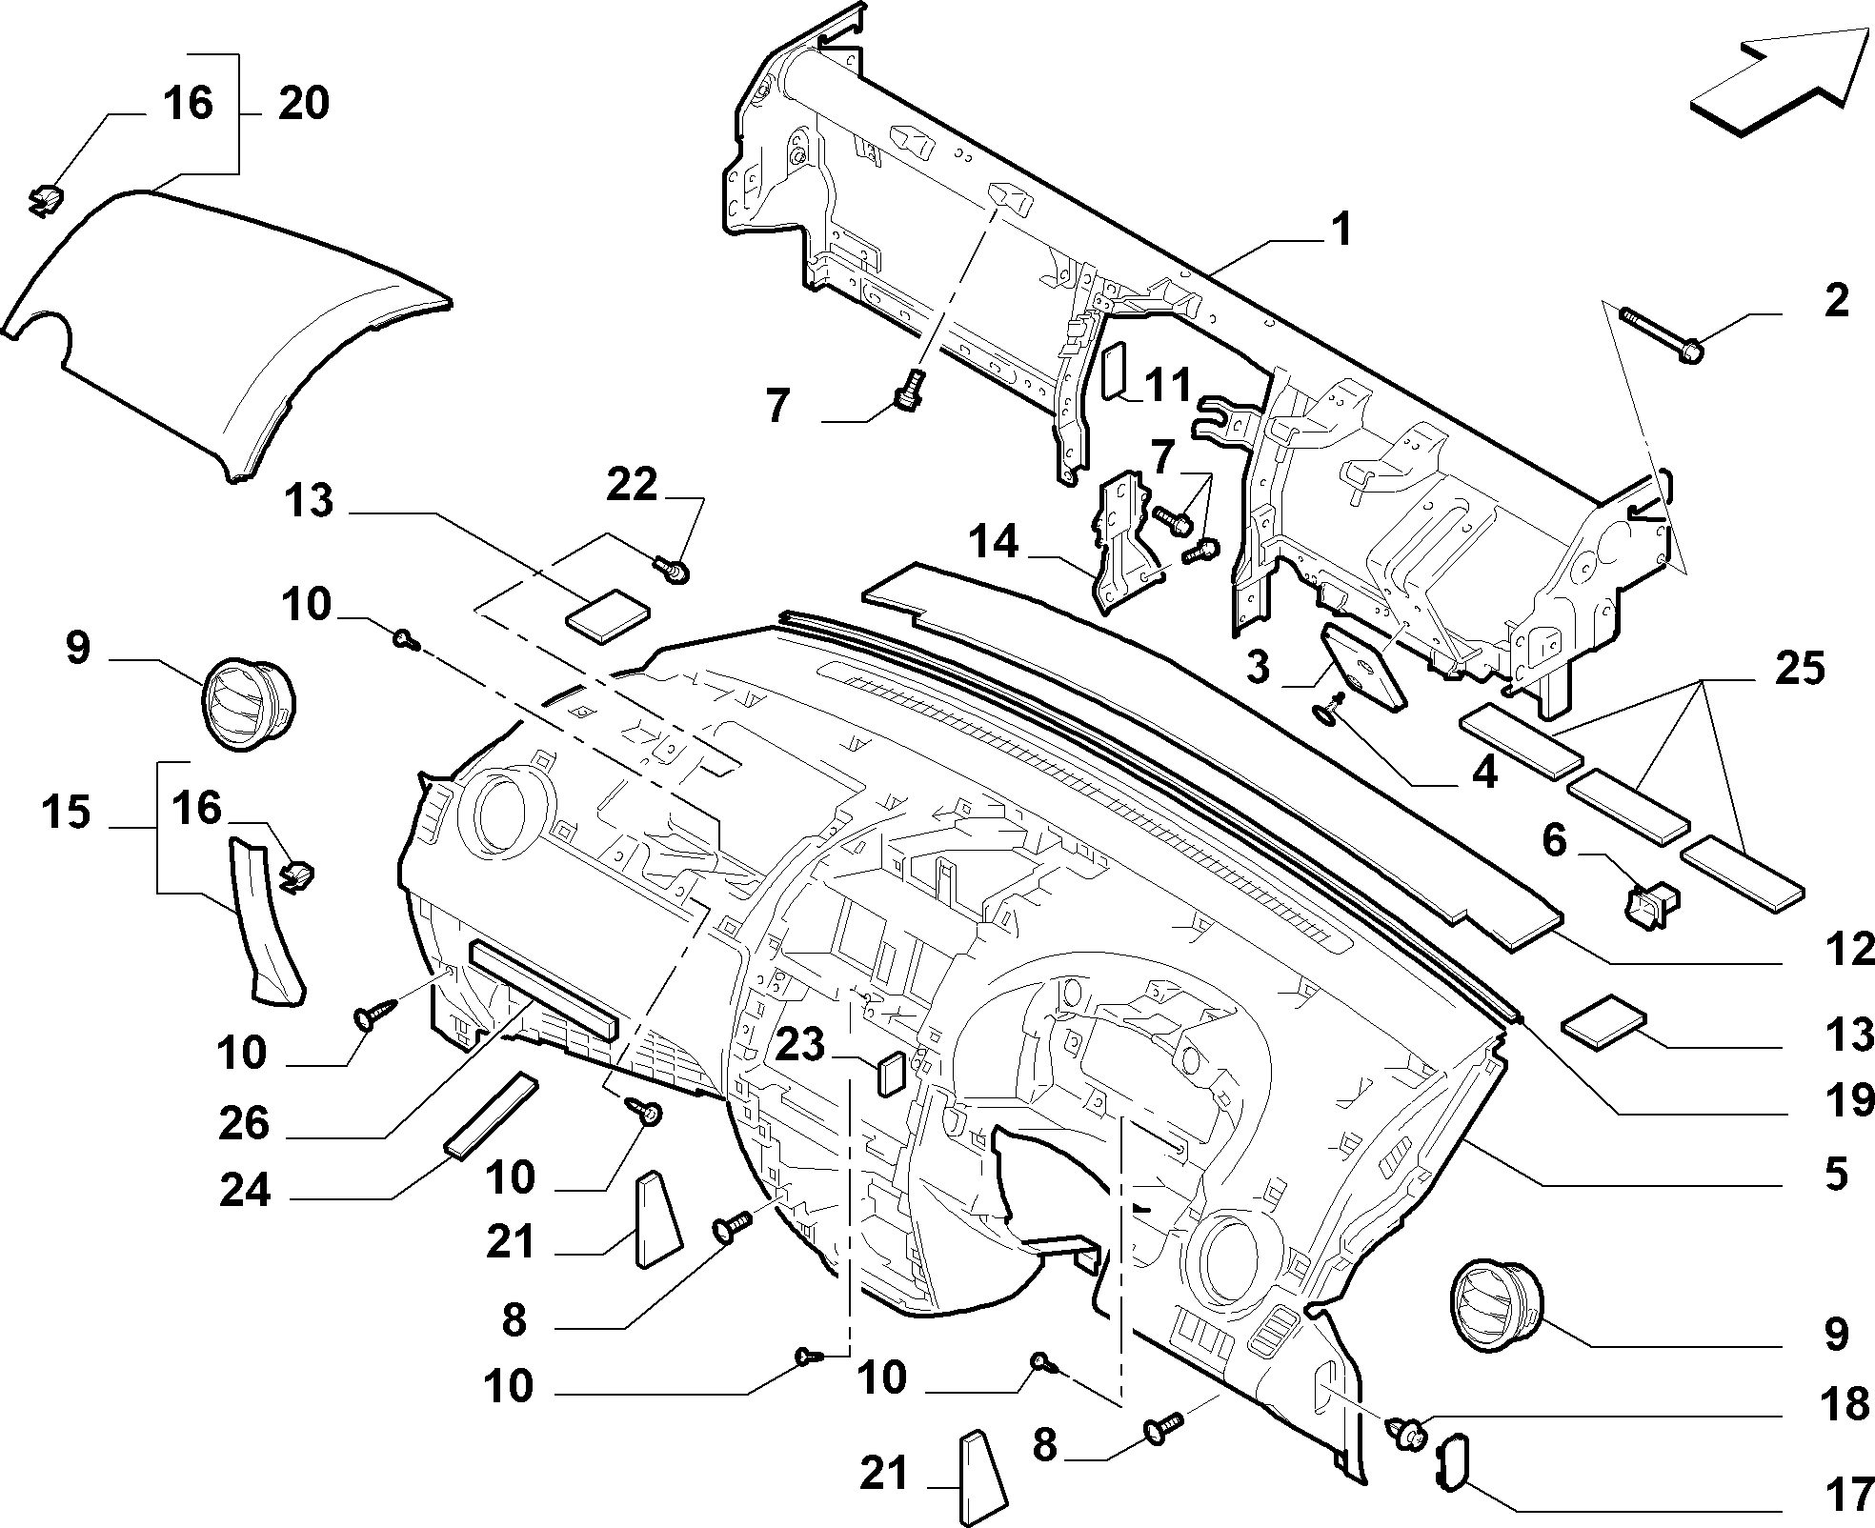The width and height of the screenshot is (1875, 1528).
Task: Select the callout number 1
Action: [1341, 230]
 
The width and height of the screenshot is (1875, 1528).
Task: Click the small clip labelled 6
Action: [1652, 904]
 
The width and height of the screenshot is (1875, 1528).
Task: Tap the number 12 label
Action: [1851, 950]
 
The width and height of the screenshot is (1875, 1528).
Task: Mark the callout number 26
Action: [245, 1124]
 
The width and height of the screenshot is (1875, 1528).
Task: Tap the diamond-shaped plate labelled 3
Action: [1363, 667]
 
